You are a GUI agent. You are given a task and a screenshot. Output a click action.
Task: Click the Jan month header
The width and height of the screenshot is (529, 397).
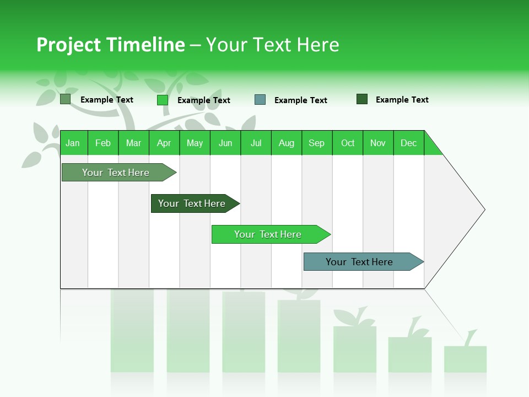[73, 143]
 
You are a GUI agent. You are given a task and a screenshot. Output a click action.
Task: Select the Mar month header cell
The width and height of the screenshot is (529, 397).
[133, 143]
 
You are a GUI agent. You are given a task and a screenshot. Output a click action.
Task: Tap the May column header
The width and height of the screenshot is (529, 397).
[195, 143]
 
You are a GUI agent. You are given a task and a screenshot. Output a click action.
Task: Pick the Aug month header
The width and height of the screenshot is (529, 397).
[286, 143]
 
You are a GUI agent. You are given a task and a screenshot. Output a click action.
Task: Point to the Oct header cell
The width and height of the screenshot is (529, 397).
[348, 143]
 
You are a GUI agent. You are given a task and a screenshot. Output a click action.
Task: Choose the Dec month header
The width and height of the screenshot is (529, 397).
[408, 143]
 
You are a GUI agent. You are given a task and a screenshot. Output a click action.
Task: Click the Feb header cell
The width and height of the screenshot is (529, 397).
[103, 143]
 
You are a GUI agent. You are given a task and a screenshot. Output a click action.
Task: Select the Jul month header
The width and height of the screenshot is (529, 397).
[256, 143]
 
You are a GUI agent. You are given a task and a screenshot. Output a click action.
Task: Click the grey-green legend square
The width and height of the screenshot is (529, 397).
[65, 99]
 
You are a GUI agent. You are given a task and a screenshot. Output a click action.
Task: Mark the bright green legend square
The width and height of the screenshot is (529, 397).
[162, 100]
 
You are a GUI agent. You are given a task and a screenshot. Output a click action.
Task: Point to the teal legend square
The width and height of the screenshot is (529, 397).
[260, 100]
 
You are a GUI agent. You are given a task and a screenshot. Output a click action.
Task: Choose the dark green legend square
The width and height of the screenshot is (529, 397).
[362, 99]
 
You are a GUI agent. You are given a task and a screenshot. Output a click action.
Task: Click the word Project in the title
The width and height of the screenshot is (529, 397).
[68, 45]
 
